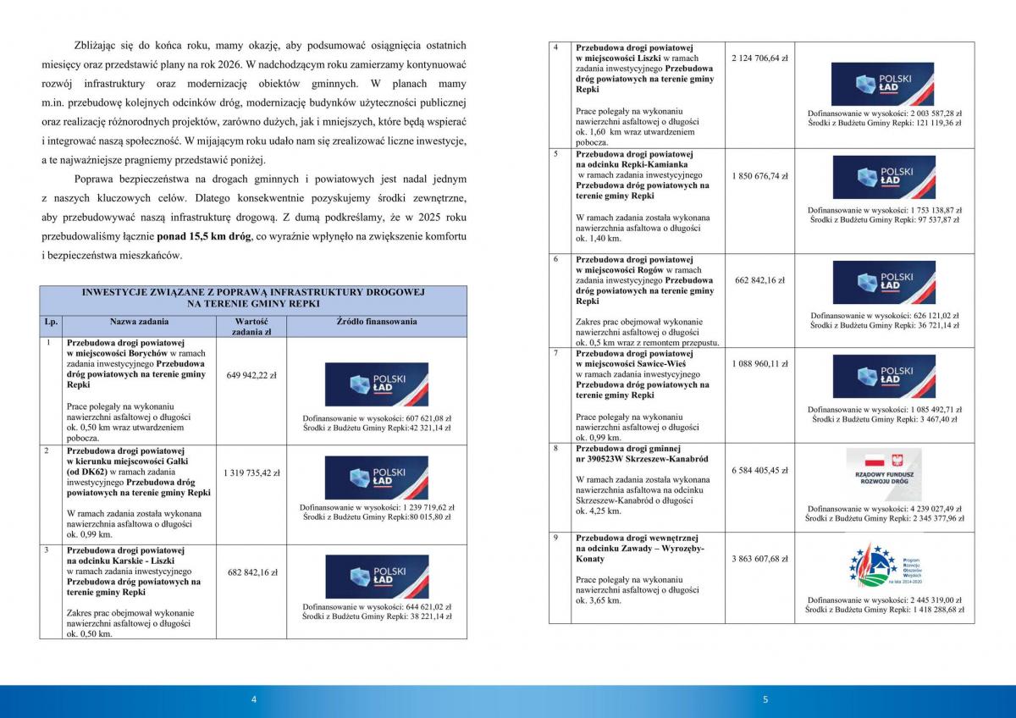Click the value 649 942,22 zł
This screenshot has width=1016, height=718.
[251, 375]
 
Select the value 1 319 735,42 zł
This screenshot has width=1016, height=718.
[251, 472]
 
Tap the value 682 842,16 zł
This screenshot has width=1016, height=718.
[251, 572]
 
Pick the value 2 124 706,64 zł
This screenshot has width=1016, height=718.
[759, 58]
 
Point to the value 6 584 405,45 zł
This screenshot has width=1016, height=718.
[759, 470]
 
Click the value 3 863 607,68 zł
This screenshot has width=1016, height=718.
[759, 559]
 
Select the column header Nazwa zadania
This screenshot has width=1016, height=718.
[139, 322]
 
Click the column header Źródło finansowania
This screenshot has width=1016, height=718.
[376, 322]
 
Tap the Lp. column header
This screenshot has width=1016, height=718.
[50, 322]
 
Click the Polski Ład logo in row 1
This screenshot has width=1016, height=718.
[377, 384]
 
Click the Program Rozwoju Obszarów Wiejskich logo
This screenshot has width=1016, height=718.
[883, 565]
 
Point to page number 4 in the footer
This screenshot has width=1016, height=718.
[253, 699]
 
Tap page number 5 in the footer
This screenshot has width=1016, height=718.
[765, 699]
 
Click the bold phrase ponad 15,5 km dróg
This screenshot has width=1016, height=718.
[204, 237]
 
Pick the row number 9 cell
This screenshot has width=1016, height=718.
[555, 538]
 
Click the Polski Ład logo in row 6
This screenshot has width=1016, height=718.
[883, 283]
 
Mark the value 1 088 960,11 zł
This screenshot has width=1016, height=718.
[759, 363]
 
